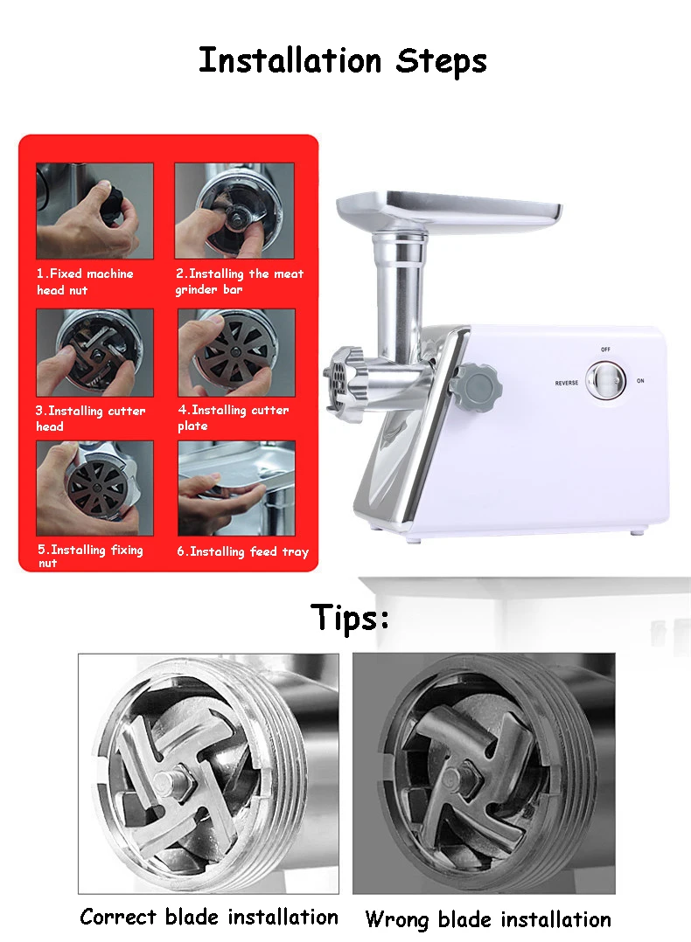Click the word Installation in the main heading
tap(290, 60)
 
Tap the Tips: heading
tap(350, 618)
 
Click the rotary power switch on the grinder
tap(605, 381)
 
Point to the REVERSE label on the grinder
tap(567, 383)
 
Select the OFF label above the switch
tap(605, 350)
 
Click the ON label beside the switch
tap(640, 381)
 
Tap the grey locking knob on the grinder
tap(478, 385)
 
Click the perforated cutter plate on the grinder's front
tap(337, 379)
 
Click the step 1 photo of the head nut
tap(95, 211)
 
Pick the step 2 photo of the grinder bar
tap(234, 211)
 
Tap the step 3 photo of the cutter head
tap(95, 353)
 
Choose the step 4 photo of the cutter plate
tap(236, 353)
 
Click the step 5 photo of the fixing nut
tap(95, 488)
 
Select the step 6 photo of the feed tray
tap(236, 488)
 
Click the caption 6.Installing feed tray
tap(243, 551)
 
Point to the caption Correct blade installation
tap(209, 918)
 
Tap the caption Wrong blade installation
tap(488, 920)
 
